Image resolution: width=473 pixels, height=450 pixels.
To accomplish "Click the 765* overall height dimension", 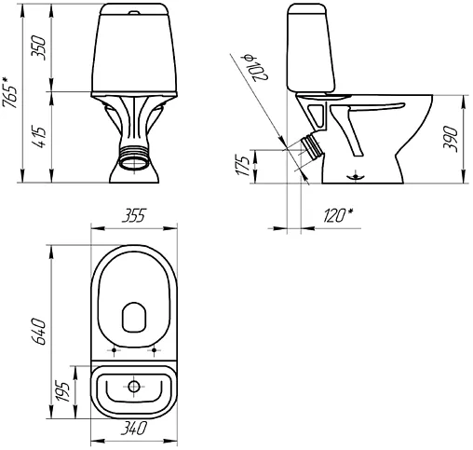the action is click(x=10, y=92).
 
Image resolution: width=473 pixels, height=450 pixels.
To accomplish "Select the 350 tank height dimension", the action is click(x=39, y=48).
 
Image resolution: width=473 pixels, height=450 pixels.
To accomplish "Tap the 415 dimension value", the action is click(x=39, y=137).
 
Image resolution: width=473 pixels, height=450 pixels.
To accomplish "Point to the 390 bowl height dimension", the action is click(x=451, y=139).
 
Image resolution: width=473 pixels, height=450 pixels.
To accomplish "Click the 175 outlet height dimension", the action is click(x=242, y=166).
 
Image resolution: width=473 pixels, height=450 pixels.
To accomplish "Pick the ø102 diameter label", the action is click(x=256, y=68).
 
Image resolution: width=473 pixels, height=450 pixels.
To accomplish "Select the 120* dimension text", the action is click(x=338, y=215).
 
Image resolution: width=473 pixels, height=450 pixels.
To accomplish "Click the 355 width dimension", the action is click(x=134, y=215).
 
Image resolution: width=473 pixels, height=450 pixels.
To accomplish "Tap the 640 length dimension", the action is click(x=39, y=332).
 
